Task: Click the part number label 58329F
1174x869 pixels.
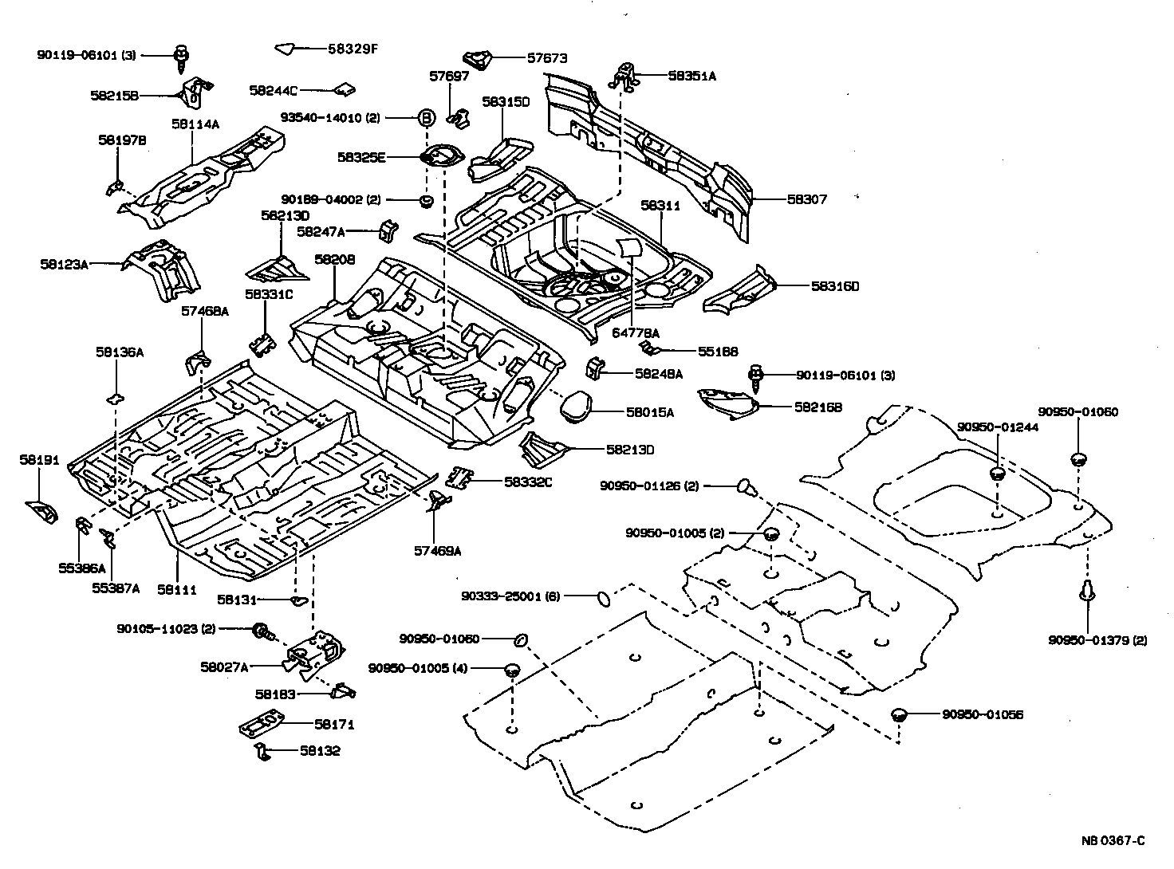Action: pyautogui.click(x=353, y=49)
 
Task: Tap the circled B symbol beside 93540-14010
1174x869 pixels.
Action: pyautogui.click(x=427, y=118)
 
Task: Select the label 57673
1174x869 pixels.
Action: pyautogui.click(x=547, y=57)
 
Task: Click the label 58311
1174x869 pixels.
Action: pyautogui.click(x=660, y=205)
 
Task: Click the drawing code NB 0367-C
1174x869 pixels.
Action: pyautogui.click(x=1113, y=840)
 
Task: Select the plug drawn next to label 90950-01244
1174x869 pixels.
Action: pyautogui.click(x=997, y=474)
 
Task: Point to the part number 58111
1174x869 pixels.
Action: pyautogui.click(x=177, y=589)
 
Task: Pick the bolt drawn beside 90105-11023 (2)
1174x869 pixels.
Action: pyautogui.click(x=262, y=631)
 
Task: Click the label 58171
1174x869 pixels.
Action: pyautogui.click(x=333, y=725)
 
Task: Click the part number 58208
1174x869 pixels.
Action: pyautogui.click(x=334, y=259)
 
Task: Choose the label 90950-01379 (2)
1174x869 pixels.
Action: pyautogui.click(x=1097, y=640)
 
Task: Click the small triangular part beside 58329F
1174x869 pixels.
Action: pyautogui.click(x=285, y=49)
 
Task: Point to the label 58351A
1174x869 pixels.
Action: pyautogui.click(x=691, y=77)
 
